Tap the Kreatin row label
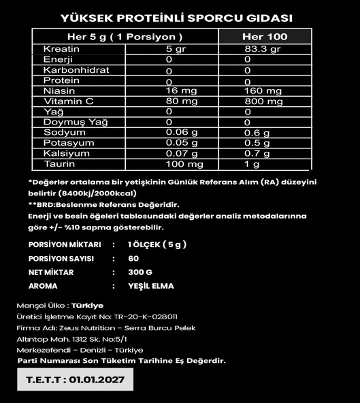(61, 49)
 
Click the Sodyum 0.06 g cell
(180, 133)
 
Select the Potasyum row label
(65, 143)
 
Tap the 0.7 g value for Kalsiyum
(257, 154)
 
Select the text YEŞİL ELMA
(150, 287)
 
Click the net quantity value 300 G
(140, 272)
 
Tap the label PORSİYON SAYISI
(62, 259)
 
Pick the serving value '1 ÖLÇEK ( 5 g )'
(157, 244)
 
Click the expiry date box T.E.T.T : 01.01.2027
(75, 379)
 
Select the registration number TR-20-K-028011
(146, 317)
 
